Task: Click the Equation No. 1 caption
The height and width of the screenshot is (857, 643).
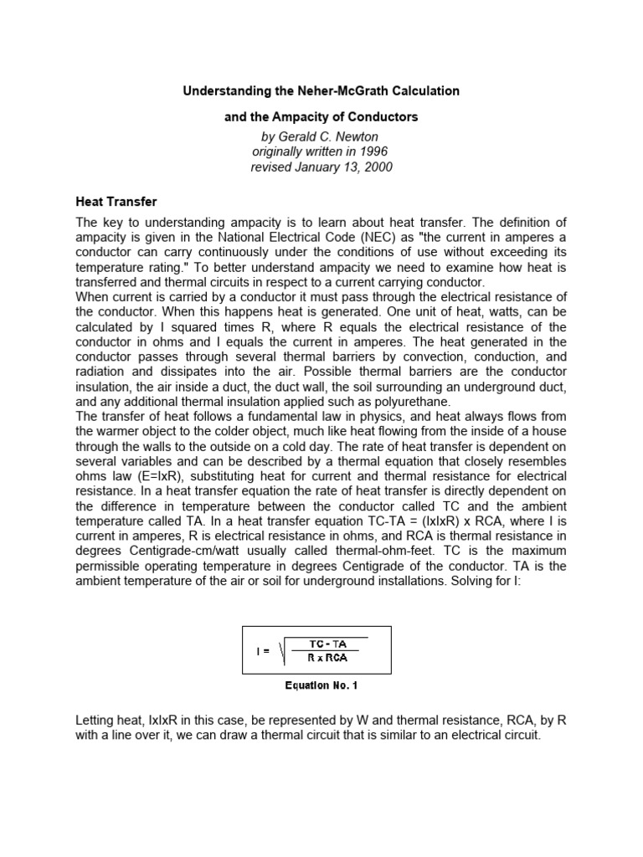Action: coord(321,687)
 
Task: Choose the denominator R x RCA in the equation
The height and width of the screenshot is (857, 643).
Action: coord(329,658)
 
